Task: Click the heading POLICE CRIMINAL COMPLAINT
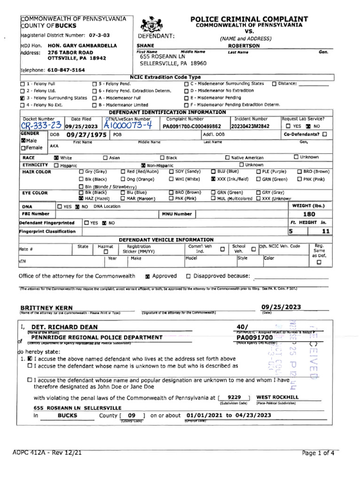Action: click(249, 19)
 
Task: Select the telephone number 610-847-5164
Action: click(66, 70)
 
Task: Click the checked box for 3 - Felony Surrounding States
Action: click(22, 98)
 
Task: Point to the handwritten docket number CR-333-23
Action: click(40, 126)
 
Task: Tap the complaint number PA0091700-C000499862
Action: click(192, 127)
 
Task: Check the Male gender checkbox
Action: click(23, 140)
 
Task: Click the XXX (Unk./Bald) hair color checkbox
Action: click(213, 179)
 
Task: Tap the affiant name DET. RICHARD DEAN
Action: click(64, 327)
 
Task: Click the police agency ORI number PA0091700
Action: click(254, 337)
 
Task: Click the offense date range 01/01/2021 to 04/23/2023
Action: click(229, 416)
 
